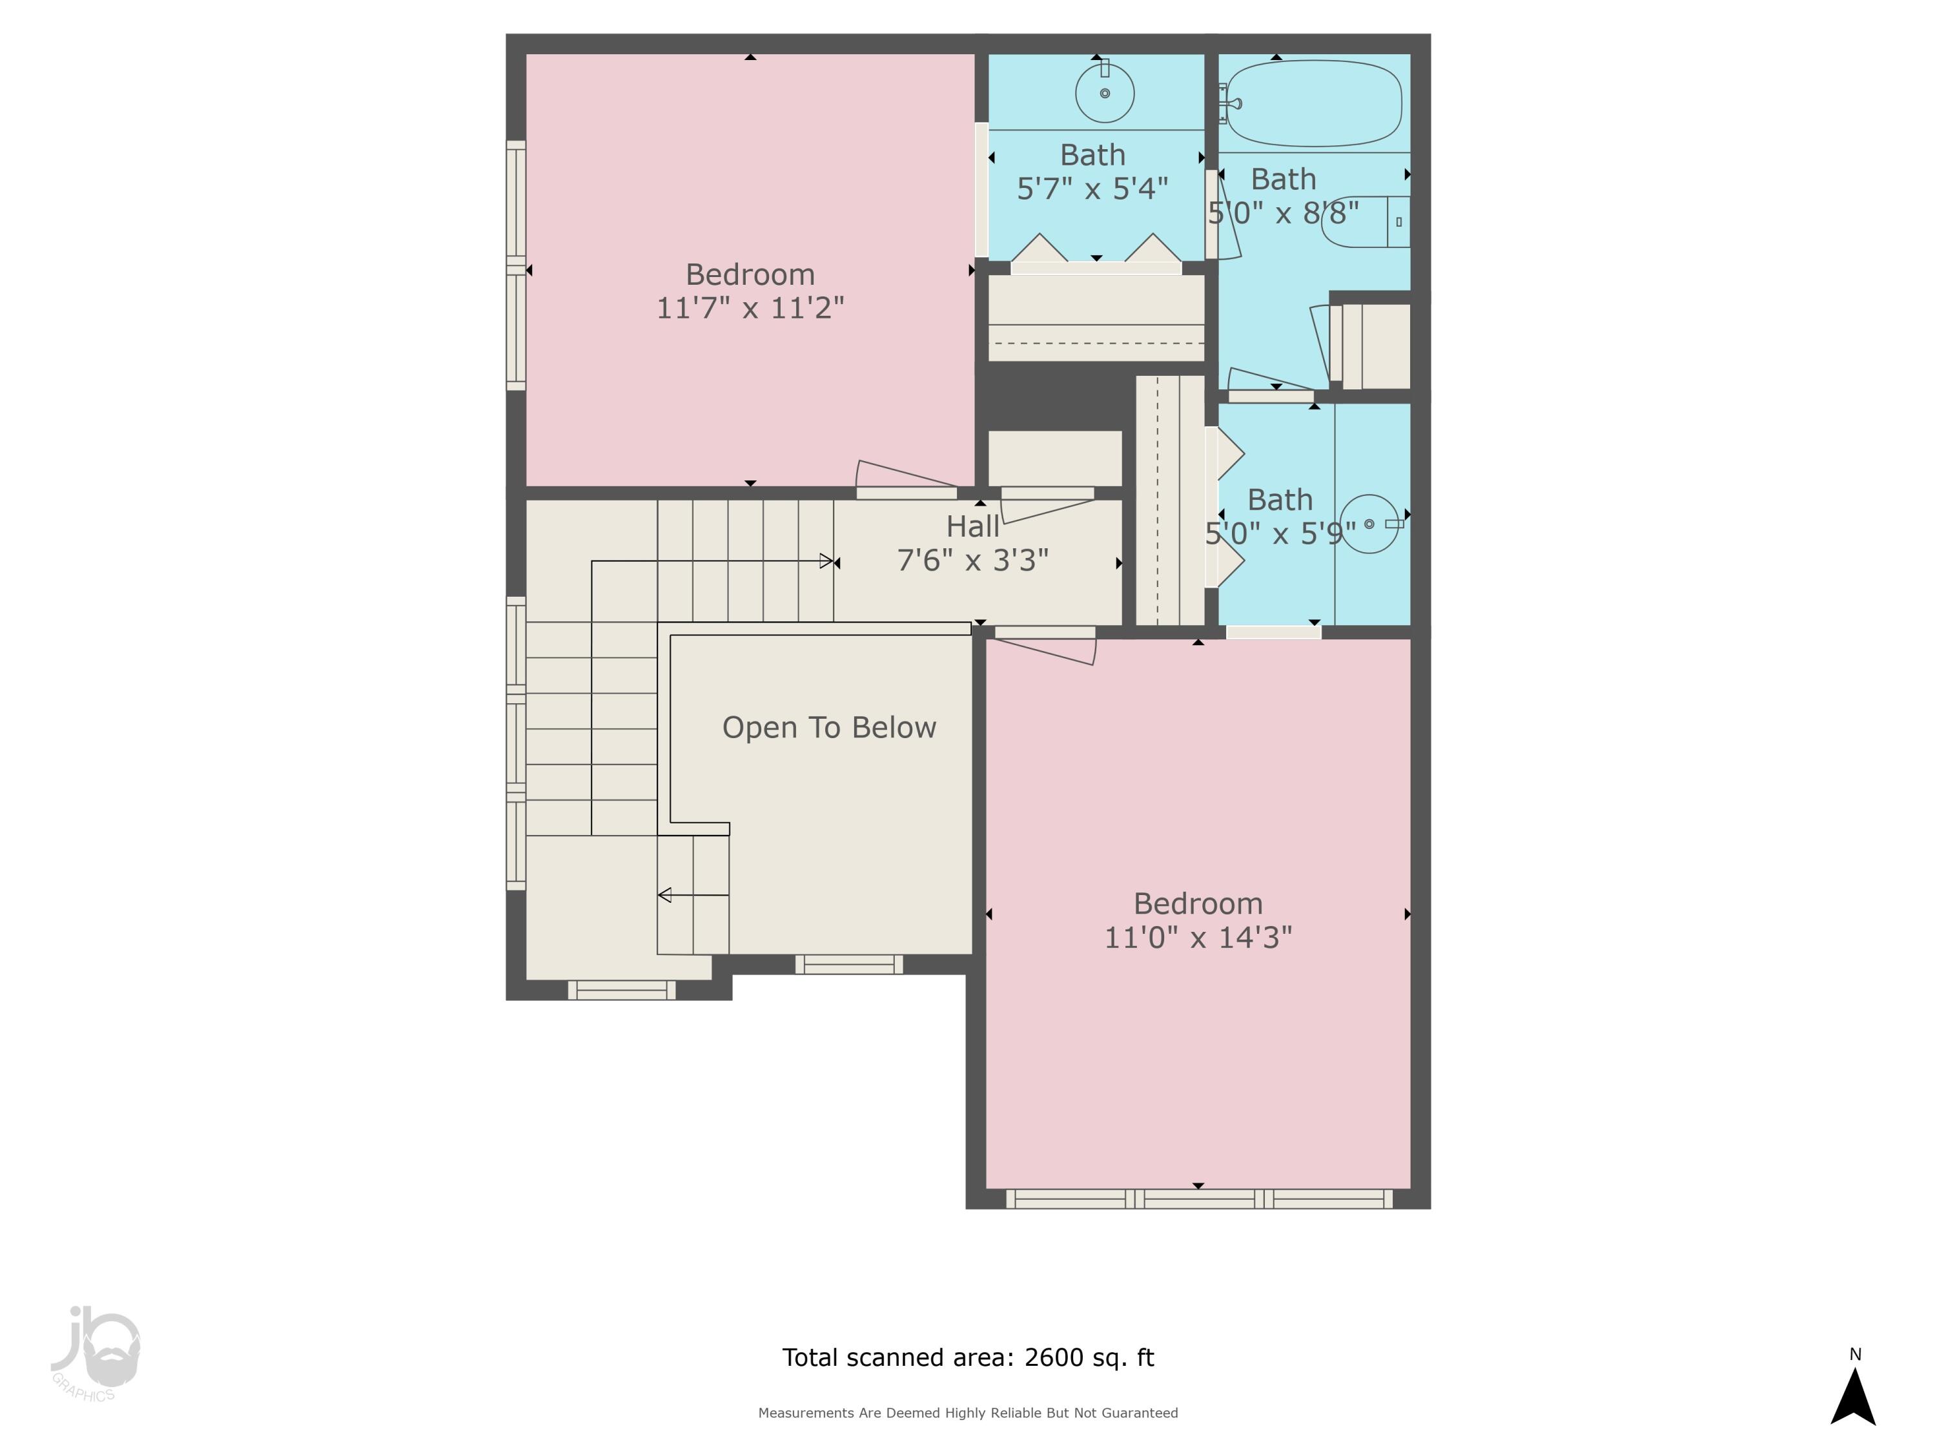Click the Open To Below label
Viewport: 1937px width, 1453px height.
(x=828, y=728)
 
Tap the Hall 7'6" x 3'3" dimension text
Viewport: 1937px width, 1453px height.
(x=973, y=561)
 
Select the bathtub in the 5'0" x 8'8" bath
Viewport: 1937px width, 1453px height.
(x=1313, y=103)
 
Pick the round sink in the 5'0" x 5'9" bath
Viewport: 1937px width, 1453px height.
(x=1369, y=524)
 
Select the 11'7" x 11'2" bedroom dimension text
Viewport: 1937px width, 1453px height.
(x=750, y=308)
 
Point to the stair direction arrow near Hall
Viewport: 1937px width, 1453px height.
(x=826, y=561)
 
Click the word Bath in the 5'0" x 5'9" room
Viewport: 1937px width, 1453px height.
(x=1279, y=500)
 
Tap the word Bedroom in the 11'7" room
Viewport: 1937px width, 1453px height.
(x=750, y=275)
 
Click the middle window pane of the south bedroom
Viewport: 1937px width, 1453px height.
(x=1199, y=1200)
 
